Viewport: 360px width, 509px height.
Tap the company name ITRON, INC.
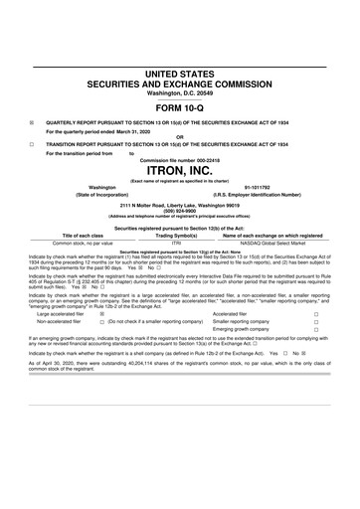pyautogui.click(x=180, y=168)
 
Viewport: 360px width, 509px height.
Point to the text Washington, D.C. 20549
pyautogui.click(x=180, y=94)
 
